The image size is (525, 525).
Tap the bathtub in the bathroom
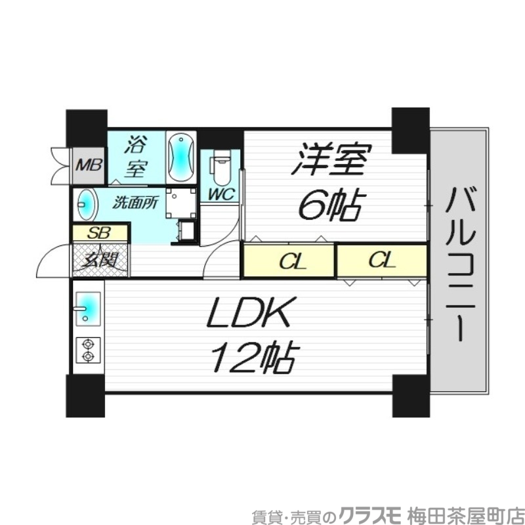(180, 157)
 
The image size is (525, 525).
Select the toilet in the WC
(221, 169)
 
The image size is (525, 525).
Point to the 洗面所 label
(135, 203)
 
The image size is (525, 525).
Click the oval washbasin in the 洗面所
(86, 205)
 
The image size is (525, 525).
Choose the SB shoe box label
(100, 232)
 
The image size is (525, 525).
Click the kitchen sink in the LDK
(87, 308)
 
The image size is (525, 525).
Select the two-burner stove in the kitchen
(87, 350)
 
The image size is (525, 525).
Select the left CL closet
(289, 261)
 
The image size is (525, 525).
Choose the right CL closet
(381, 261)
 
